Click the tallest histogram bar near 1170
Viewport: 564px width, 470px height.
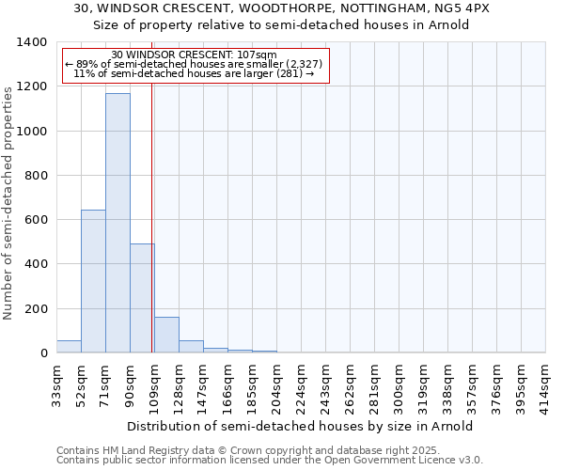coord(117,224)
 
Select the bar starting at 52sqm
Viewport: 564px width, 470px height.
coord(93,282)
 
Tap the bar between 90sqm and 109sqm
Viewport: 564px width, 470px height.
coord(142,299)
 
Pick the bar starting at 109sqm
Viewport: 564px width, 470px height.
coord(166,336)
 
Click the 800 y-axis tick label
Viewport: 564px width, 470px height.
coord(36,176)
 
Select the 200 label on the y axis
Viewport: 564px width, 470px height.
coord(36,309)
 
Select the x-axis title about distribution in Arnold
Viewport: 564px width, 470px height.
coord(300,426)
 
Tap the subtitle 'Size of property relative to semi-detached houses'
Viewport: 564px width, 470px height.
coord(281,24)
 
